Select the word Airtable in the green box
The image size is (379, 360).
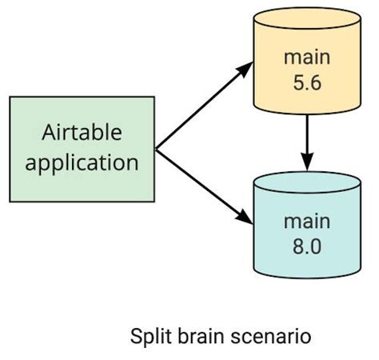coord(82,133)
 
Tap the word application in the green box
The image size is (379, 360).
coord(82,162)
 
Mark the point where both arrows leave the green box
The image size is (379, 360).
coord(156,148)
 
